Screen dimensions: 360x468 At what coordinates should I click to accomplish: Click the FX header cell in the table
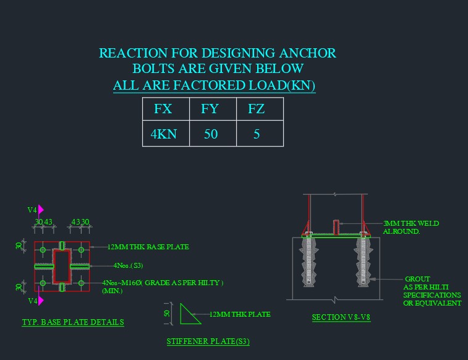pyautogui.click(x=163, y=109)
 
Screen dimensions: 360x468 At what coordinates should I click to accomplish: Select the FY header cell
pyautogui.click(x=210, y=109)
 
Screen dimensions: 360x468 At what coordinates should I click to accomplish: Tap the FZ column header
pyautogui.click(x=256, y=109)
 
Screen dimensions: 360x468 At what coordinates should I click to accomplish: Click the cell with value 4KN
pyautogui.click(x=163, y=134)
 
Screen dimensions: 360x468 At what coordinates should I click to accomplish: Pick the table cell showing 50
pyautogui.click(x=210, y=134)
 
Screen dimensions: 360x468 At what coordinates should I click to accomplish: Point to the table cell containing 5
pyautogui.click(x=256, y=134)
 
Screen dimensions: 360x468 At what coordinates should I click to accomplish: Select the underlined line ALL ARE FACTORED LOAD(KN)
pyautogui.click(x=214, y=86)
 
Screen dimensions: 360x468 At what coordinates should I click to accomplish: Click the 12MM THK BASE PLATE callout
pyautogui.click(x=148, y=247)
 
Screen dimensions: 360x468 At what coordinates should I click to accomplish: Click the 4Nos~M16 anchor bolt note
pyautogui.click(x=163, y=283)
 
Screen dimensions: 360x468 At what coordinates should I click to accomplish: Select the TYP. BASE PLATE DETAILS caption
pyautogui.click(x=73, y=322)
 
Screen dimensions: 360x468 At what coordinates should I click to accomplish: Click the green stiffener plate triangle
pyautogui.click(x=188, y=315)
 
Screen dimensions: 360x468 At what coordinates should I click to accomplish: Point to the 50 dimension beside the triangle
pyautogui.click(x=167, y=314)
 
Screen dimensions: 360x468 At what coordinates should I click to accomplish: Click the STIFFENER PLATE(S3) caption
pyautogui.click(x=208, y=341)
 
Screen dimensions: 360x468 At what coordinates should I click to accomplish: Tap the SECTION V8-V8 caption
pyautogui.click(x=341, y=317)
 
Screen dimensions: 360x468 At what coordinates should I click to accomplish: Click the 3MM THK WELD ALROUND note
pyautogui.click(x=411, y=227)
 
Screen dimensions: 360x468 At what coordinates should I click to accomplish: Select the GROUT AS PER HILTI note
pyautogui.click(x=432, y=291)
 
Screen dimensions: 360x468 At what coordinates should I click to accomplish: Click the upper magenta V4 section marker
pyautogui.click(x=37, y=210)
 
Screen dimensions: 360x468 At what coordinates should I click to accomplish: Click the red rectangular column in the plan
pyautogui.click(x=62, y=266)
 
